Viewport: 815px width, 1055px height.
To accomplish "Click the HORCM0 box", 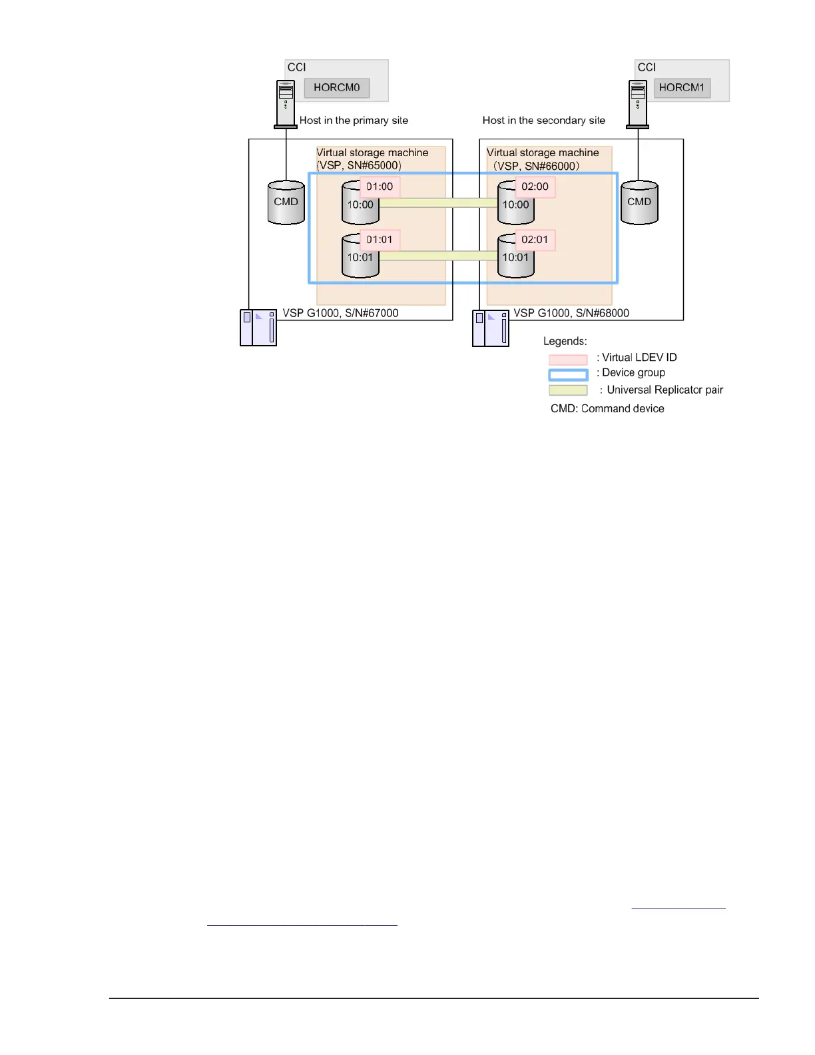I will (336, 88).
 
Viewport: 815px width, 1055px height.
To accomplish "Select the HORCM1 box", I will (682, 88).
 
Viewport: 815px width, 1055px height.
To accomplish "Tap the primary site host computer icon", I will (286, 104).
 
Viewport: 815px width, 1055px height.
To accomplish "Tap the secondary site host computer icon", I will (638, 104).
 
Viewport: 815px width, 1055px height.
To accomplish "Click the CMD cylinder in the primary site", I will (286, 202).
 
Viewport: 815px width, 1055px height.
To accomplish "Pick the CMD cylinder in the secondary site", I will (639, 202).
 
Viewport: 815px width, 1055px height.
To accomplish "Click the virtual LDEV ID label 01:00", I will (380, 187).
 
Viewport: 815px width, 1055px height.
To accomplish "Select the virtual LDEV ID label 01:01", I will (380, 240).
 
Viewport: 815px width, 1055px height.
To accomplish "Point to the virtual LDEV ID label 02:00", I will (535, 187).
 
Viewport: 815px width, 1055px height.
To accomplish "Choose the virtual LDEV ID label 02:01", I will (535, 240).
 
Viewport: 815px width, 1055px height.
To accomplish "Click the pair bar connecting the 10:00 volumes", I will (438, 202).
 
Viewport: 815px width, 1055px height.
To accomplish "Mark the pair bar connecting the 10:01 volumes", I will (438, 256).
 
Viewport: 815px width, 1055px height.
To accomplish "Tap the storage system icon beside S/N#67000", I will (258, 328).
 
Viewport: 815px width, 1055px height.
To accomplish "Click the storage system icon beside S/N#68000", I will (491, 328).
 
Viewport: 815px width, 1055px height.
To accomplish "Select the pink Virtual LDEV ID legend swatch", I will (568, 360).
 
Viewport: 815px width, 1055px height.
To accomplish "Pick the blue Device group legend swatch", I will (568, 375).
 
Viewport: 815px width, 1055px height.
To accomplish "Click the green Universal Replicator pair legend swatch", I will (568, 390).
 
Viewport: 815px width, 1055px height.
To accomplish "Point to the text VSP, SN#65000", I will (359, 166).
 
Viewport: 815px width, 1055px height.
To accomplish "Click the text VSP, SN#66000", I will (536, 166).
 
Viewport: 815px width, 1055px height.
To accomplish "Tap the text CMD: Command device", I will (607, 409).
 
